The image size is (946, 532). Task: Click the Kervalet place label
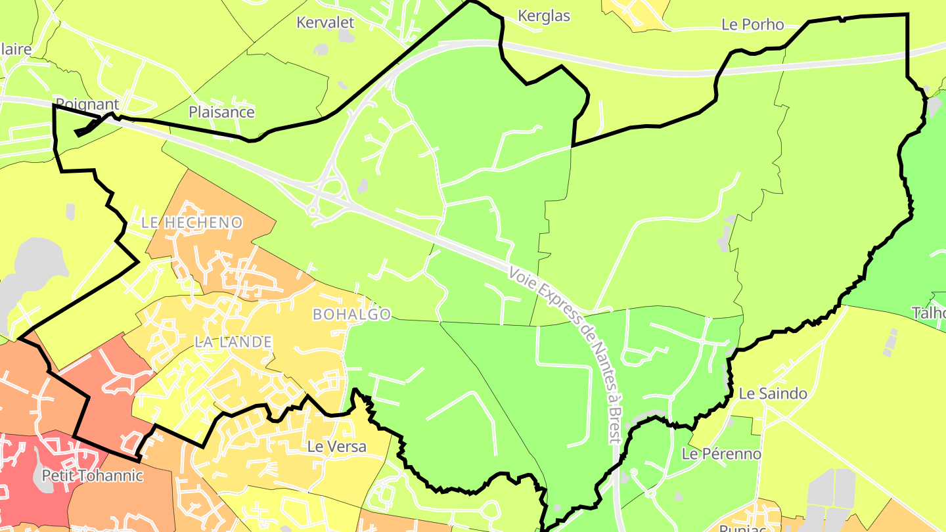(x=325, y=22)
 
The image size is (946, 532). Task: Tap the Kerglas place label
(x=544, y=16)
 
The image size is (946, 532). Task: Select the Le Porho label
(x=752, y=25)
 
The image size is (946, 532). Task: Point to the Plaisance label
(x=221, y=112)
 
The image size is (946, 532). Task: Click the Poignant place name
(x=87, y=104)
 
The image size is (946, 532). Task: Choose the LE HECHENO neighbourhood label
(x=192, y=223)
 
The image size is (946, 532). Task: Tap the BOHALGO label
(x=351, y=315)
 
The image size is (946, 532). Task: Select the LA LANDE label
(x=233, y=342)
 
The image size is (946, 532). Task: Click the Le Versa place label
(x=337, y=447)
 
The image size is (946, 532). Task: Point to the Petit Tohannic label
(x=92, y=476)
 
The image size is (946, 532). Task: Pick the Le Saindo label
(x=773, y=394)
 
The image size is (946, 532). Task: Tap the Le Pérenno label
(x=721, y=454)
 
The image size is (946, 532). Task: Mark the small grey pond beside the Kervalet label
(x=321, y=49)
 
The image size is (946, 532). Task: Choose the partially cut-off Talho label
(x=929, y=313)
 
